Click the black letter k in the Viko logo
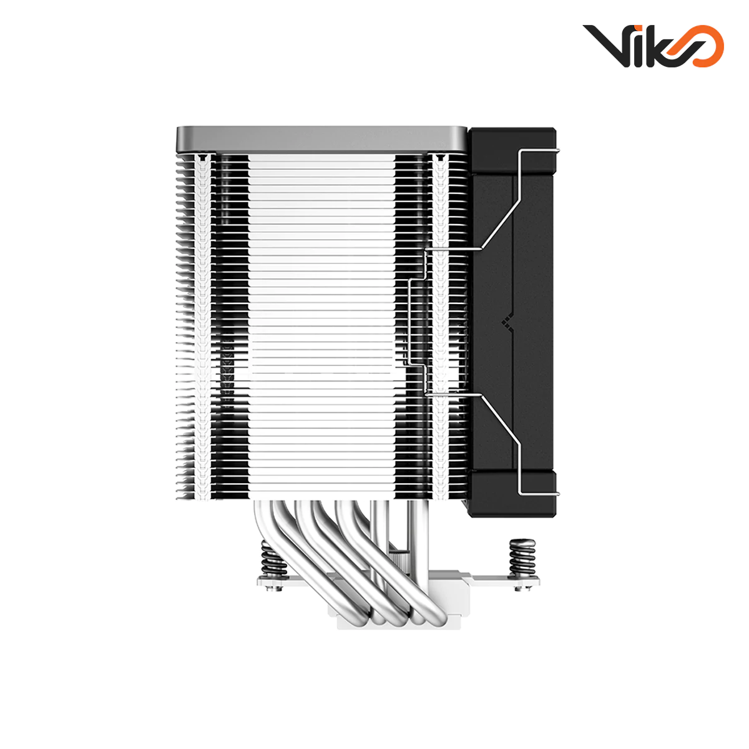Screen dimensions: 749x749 pos(656,47)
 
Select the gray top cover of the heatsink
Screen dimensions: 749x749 pos(321,137)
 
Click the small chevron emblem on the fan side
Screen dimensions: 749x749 pos(506,322)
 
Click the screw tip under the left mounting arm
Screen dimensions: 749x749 pos(272,588)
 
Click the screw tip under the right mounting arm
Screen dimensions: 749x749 pos(519,588)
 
